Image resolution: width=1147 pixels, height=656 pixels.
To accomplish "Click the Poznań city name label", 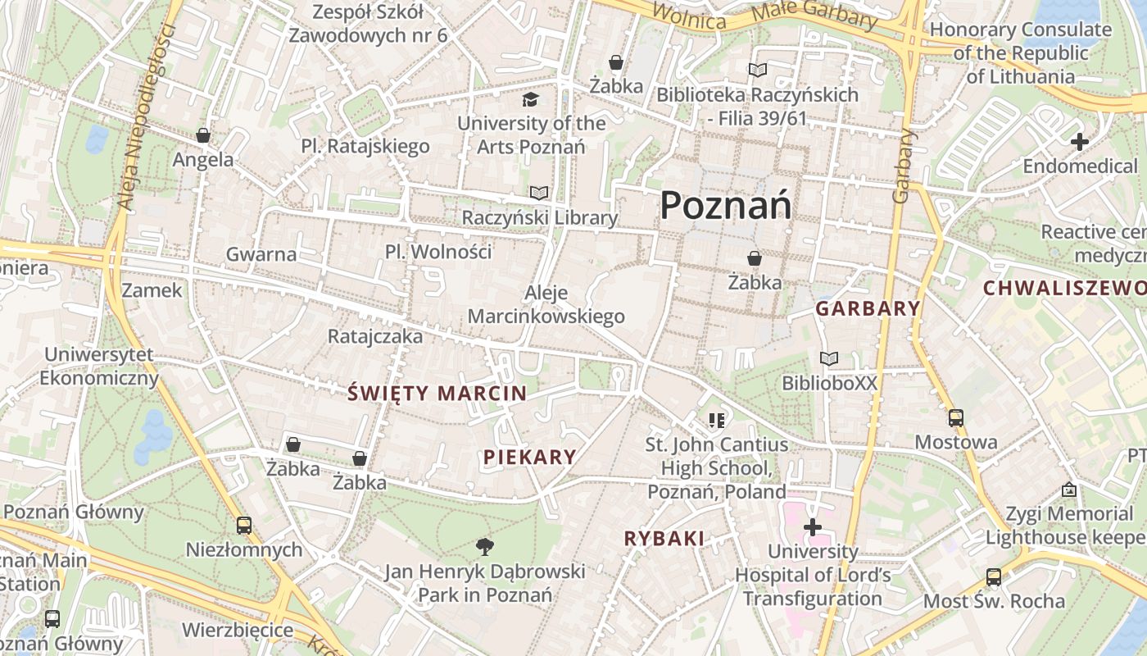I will coord(725,205).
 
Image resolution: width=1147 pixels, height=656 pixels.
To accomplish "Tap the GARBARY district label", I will coord(868,309).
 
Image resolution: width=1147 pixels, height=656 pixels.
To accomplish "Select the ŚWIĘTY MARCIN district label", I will coord(437,394).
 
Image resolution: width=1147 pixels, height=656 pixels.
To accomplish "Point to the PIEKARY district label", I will coord(529,458).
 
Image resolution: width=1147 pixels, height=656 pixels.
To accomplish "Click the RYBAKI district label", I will coord(664,539).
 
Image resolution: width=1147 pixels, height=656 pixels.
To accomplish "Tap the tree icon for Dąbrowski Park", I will coord(485,546).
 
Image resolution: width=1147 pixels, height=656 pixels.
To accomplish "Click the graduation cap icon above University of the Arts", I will coord(531,99).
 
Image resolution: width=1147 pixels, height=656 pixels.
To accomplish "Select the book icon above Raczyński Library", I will coord(538,193).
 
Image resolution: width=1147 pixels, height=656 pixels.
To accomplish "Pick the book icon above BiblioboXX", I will coord(829,358).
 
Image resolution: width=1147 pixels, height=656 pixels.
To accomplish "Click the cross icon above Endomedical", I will coord(1079,142).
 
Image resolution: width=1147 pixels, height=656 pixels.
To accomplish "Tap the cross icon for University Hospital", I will coord(812,526).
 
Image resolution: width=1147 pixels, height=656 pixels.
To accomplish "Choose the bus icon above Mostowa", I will coord(955,417).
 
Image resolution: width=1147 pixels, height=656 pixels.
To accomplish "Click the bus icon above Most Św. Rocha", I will coord(994,576).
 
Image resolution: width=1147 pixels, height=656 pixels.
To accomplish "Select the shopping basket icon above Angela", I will coord(202,135).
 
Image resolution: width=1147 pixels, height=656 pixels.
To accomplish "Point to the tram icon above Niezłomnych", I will coord(243,525).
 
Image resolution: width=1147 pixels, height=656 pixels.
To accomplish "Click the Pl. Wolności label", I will coord(438,252).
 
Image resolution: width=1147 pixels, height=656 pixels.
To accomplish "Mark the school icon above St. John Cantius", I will coord(717,421).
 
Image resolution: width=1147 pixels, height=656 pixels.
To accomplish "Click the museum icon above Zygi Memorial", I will coord(1068,490).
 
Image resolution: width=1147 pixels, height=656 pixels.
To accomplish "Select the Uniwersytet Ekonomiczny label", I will coord(99,367).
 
